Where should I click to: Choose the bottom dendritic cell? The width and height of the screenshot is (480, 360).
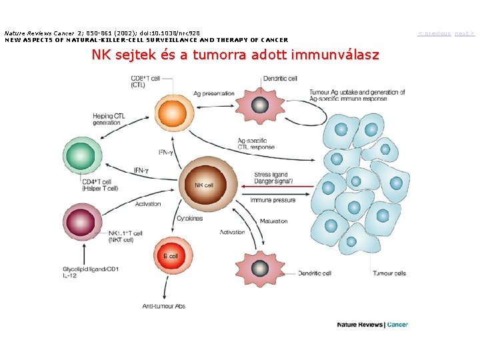(x=258, y=268)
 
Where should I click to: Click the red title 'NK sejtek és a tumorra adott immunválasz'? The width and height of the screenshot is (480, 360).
(x=235, y=55)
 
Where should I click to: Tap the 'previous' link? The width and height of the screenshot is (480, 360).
(x=434, y=33)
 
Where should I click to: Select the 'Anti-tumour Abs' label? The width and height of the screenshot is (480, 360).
(x=164, y=306)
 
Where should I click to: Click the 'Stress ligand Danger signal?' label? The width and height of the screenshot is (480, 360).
(x=273, y=178)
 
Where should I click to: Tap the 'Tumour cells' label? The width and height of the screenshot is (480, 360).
(x=389, y=273)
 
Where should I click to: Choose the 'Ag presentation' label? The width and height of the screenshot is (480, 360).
(x=214, y=93)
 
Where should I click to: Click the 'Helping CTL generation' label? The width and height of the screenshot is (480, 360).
(x=109, y=119)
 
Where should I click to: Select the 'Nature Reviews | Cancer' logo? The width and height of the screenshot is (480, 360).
(x=372, y=325)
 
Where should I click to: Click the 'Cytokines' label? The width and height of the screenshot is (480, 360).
(x=189, y=218)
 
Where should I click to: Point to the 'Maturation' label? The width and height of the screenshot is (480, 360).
(x=274, y=221)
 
